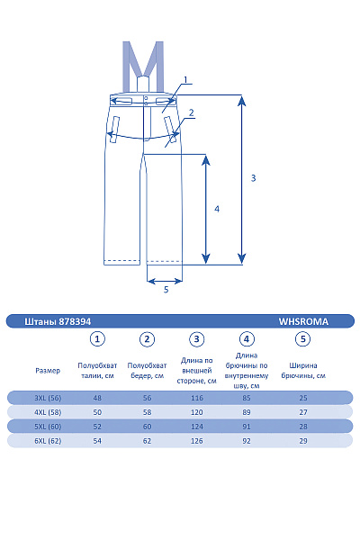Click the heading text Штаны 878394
pyautogui.click(x=58, y=321)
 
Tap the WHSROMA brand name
pyautogui.click(x=303, y=321)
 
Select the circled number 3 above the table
pyautogui.click(x=197, y=339)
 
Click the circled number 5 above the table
pyautogui.click(x=302, y=339)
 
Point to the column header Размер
pyautogui.click(x=48, y=371)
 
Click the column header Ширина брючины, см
pyautogui.click(x=303, y=371)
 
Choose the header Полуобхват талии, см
pyautogui.click(x=97, y=371)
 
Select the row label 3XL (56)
pyautogui.click(x=48, y=398)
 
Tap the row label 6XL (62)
pyautogui.click(x=48, y=441)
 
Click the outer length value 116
pyautogui.click(x=197, y=398)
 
